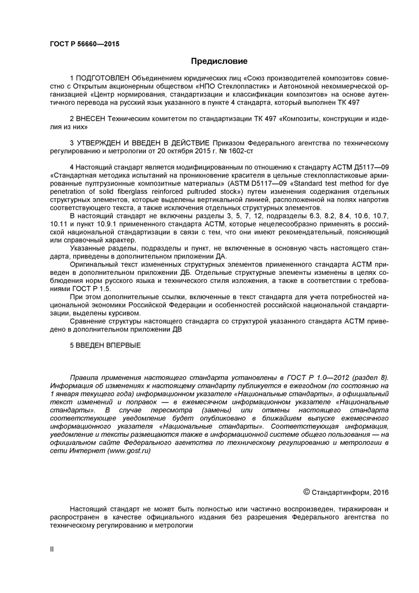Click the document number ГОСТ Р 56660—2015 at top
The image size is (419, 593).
(85, 44)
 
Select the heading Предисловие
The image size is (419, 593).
(219, 61)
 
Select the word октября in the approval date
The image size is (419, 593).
(171, 151)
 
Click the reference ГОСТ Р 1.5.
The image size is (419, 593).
(92, 289)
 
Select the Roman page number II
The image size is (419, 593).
(52, 549)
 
